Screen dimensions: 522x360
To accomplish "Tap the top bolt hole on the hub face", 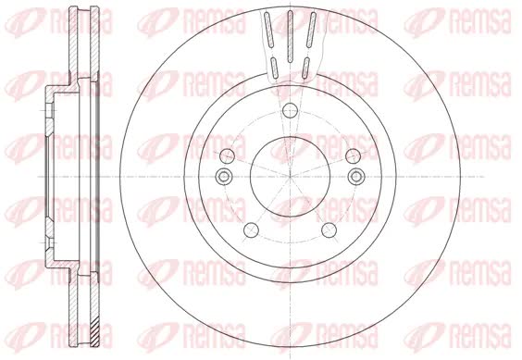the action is coord(290,110).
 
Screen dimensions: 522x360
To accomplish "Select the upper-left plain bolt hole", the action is coord(228,155).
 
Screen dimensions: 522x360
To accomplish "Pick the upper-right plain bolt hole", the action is coord(353,155).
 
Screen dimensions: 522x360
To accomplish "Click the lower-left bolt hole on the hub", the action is coord(252,230).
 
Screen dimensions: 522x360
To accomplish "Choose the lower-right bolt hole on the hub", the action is coord(329,230).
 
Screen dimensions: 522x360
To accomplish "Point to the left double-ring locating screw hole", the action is coord(224,176).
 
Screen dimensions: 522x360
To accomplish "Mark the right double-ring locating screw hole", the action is coord(356,176).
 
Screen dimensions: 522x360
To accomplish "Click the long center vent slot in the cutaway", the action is coord(290,36).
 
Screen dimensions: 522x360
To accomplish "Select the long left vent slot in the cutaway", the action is coord(269,30).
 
